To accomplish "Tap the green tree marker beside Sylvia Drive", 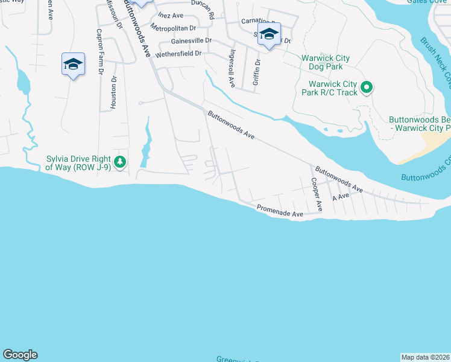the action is point(120,162).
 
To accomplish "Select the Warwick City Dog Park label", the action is point(326,62).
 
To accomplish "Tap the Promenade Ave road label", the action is point(280,210).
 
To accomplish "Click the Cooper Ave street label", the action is point(317,194).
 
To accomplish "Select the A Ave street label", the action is point(341,197).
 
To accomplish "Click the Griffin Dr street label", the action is point(257,71).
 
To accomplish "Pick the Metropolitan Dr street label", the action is point(174,28).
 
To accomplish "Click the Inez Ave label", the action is point(171,14).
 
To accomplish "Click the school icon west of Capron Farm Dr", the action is point(73,65).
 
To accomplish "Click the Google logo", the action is point(20,355).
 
